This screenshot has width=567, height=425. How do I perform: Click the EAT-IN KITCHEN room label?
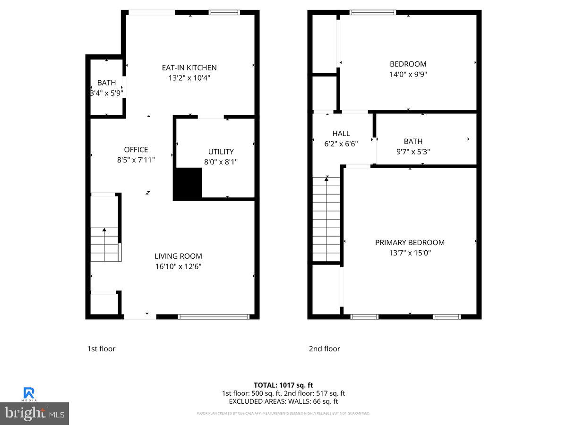click(189, 68)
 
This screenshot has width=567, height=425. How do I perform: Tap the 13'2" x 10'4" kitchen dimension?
click(189, 78)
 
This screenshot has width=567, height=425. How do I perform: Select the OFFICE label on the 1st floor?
click(136, 150)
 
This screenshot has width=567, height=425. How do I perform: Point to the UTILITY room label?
click(221, 152)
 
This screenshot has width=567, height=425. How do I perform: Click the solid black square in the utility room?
click(188, 183)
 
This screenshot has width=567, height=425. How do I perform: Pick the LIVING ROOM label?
click(178, 256)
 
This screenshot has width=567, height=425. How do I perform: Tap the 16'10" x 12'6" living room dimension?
click(178, 266)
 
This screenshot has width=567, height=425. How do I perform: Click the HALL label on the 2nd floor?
click(341, 134)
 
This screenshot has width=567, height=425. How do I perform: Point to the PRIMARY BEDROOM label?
click(410, 242)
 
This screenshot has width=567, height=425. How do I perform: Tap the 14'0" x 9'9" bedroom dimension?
click(408, 74)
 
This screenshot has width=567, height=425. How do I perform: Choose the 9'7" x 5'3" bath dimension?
click(413, 152)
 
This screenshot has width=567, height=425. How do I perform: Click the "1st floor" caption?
click(101, 349)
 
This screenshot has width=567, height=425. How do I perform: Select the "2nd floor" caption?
click(324, 349)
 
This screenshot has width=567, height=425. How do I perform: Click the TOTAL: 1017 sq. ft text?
click(283, 385)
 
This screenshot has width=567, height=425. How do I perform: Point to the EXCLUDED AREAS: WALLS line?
click(283, 401)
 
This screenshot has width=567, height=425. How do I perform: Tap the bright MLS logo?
click(34, 414)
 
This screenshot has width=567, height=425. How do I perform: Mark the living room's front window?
click(214, 317)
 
